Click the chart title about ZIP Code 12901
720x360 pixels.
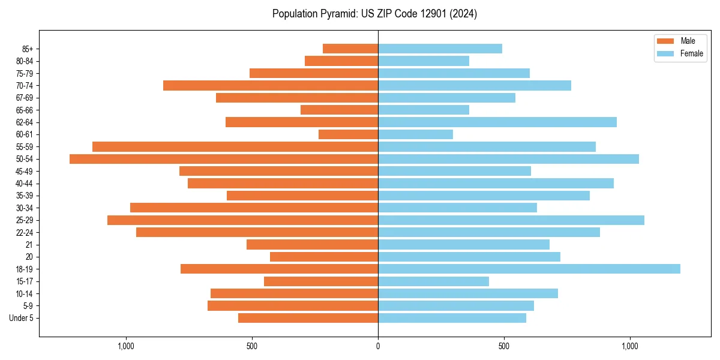(x=374, y=14)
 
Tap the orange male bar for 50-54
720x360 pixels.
(x=224, y=159)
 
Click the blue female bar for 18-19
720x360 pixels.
(x=529, y=269)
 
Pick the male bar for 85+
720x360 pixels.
(x=350, y=49)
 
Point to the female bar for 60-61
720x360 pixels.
(x=415, y=134)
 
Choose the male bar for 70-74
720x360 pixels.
(x=271, y=85)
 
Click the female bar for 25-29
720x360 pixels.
(x=511, y=220)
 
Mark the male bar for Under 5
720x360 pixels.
(x=308, y=318)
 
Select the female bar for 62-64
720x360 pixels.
(x=497, y=122)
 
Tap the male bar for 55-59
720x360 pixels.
(x=235, y=146)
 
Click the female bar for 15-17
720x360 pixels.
(x=433, y=281)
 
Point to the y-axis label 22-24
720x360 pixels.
(x=25, y=232)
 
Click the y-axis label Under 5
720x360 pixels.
(x=21, y=318)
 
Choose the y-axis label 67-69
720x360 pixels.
(x=25, y=98)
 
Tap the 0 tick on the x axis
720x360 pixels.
(x=378, y=346)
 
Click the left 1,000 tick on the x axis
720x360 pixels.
(x=126, y=346)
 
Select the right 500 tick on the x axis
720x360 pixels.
(x=504, y=346)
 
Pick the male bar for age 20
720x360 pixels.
(x=324, y=257)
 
